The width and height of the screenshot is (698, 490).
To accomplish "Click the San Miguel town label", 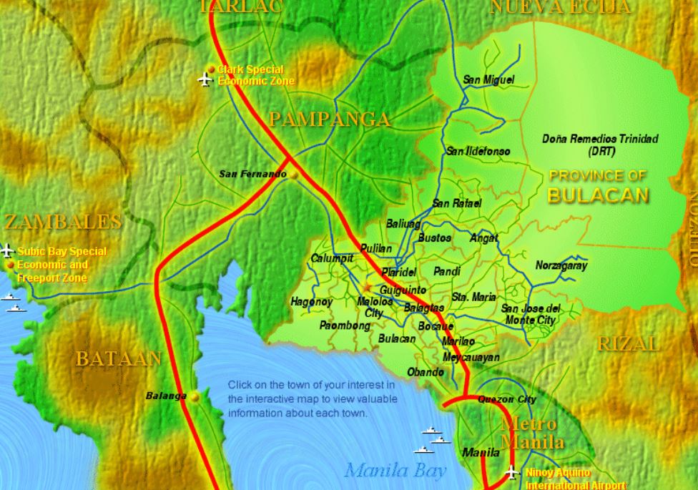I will point(488,79).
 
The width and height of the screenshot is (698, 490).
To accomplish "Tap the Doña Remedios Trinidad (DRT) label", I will point(600,144).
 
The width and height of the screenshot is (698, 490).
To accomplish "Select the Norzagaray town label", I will point(561,265).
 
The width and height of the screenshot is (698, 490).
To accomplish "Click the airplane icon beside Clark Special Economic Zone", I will point(206,78).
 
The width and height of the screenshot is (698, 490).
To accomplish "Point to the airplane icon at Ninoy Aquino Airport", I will point(511,472).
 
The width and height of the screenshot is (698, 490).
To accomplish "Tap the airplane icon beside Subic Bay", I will point(8,250).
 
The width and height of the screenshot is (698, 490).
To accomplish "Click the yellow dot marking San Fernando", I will point(293,174).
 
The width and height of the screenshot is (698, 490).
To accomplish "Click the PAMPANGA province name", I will point(330,119).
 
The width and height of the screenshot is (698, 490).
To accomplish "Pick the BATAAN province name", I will point(119,358).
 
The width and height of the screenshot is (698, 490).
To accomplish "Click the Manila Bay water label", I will point(395,470).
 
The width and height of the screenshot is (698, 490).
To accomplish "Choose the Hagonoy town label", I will point(311,302).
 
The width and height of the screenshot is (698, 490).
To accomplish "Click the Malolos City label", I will point(375,307).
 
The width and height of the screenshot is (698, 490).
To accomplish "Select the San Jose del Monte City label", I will point(531,314).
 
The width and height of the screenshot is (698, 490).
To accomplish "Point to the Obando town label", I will point(426,372).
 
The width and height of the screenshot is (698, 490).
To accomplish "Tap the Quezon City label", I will point(506,399).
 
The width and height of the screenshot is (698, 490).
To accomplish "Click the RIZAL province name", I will point(629,343).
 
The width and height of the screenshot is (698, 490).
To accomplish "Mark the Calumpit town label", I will point(332,258).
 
